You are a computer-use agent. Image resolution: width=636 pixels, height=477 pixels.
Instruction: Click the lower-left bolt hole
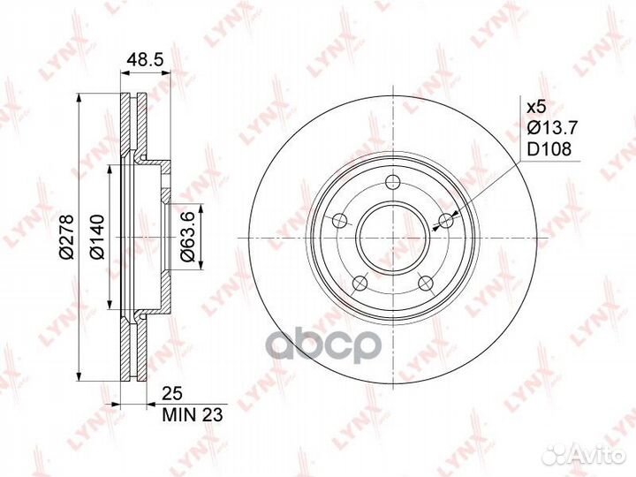(359, 283)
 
